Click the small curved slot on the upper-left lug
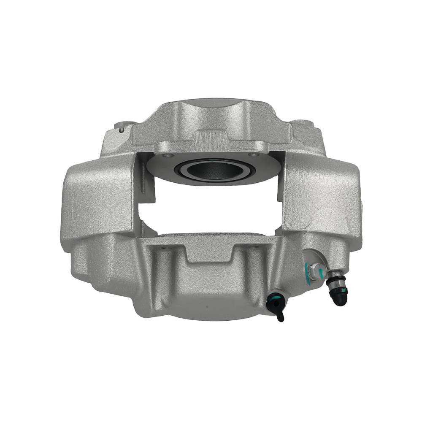pos(122,129)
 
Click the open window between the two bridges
pos(211,211)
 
